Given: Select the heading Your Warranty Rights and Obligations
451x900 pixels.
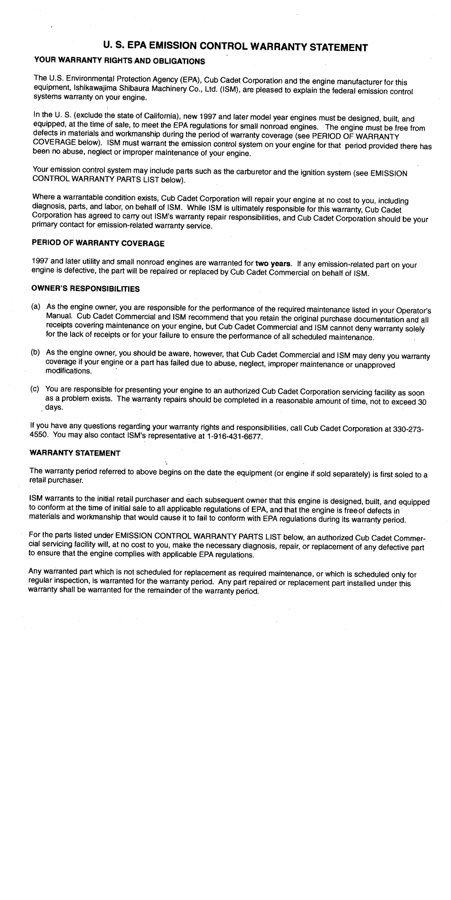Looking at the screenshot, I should click(x=117, y=61).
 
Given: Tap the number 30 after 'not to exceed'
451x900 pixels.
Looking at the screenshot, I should click(x=422, y=402).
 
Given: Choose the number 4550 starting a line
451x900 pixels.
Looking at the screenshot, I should click(x=38, y=436).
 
